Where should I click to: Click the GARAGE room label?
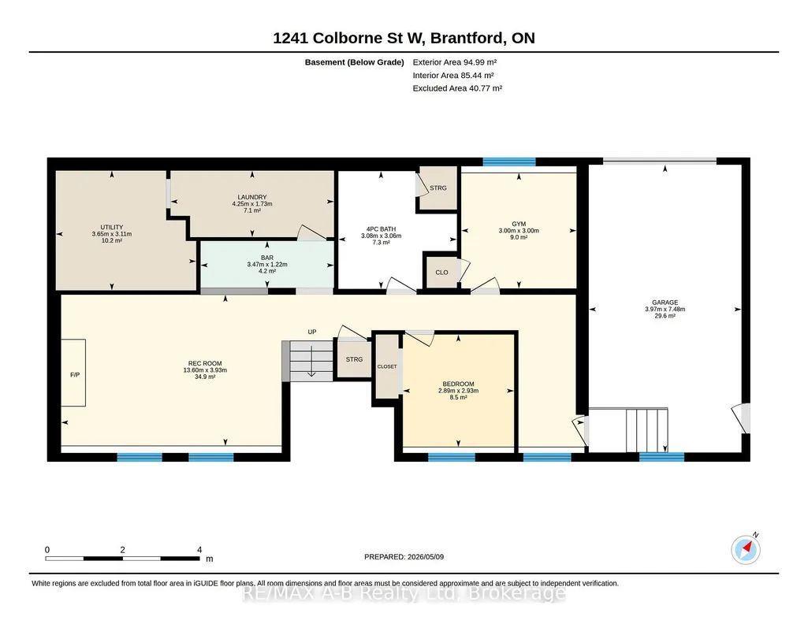(x=665, y=303)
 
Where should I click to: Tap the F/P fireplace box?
(x=73, y=373)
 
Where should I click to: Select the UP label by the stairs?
(x=311, y=332)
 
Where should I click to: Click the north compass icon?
(x=746, y=549)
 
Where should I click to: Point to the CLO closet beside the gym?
(x=441, y=273)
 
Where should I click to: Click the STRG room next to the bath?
(x=438, y=188)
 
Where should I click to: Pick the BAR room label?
(x=267, y=258)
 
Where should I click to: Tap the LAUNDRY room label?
(x=252, y=197)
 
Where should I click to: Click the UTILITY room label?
(x=112, y=227)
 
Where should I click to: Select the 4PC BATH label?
(x=382, y=229)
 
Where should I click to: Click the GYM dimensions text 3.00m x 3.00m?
(x=519, y=231)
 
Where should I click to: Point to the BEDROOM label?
(x=459, y=384)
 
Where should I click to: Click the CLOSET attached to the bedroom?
(x=387, y=366)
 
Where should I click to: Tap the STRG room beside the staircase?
(x=354, y=359)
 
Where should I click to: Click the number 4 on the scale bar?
(x=199, y=550)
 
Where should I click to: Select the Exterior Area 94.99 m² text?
(x=455, y=62)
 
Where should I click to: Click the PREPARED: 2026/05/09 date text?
(x=404, y=556)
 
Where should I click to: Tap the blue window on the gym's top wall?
(x=509, y=162)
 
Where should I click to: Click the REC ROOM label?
(x=205, y=363)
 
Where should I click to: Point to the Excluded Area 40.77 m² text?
(x=457, y=88)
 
